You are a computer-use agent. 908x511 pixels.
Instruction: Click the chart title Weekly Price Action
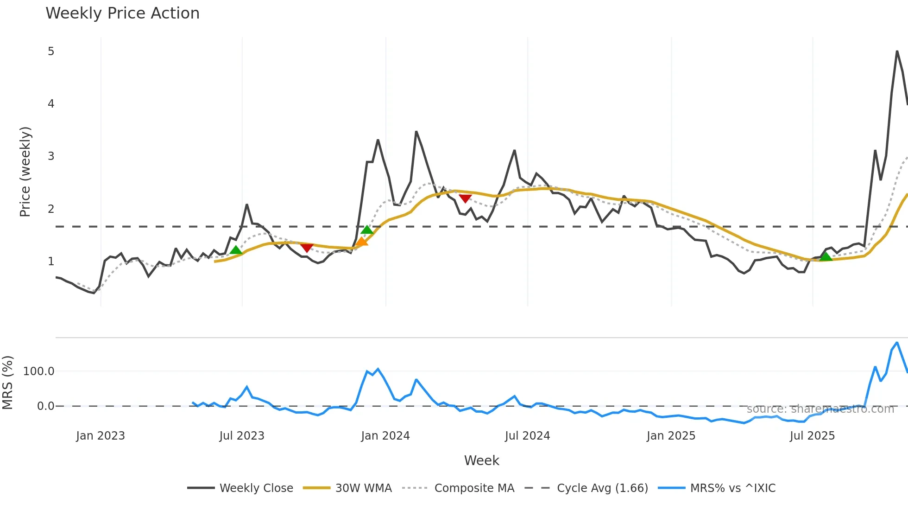click(122, 13)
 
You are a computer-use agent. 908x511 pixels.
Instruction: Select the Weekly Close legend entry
click(256, 488)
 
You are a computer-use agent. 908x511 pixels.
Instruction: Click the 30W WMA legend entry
click(363, 488)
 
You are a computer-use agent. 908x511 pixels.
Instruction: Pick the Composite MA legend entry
click(474, 488)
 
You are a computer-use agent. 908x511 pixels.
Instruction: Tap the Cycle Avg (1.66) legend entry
click(602, 488)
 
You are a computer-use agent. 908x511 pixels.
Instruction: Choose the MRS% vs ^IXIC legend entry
click(732, 488)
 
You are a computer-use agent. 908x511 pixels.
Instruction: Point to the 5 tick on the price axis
click(51, 51)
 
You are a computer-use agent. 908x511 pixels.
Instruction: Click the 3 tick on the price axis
click(51, 156)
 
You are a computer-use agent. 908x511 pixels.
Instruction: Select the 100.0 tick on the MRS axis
click(39, 371)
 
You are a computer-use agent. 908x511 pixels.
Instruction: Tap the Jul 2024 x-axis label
click(527, 436)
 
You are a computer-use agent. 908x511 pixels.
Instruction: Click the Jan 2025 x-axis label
click(671, 436)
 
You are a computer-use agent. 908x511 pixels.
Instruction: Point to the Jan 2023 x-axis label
click(101, 436)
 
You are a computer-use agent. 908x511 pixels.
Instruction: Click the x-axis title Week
click(481, 460)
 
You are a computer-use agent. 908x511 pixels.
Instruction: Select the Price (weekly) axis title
click(25, 172)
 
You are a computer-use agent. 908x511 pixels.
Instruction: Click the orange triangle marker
click(361, 242)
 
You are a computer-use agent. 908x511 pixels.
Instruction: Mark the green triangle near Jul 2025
click(826, 256)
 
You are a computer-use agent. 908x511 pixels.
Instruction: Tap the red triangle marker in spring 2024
click(465, 198)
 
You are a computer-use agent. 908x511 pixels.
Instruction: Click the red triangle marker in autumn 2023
click(307, 248)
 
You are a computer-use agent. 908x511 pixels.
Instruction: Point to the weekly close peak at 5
click(897, 51)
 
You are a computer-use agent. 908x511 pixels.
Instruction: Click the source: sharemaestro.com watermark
click(820, 409)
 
